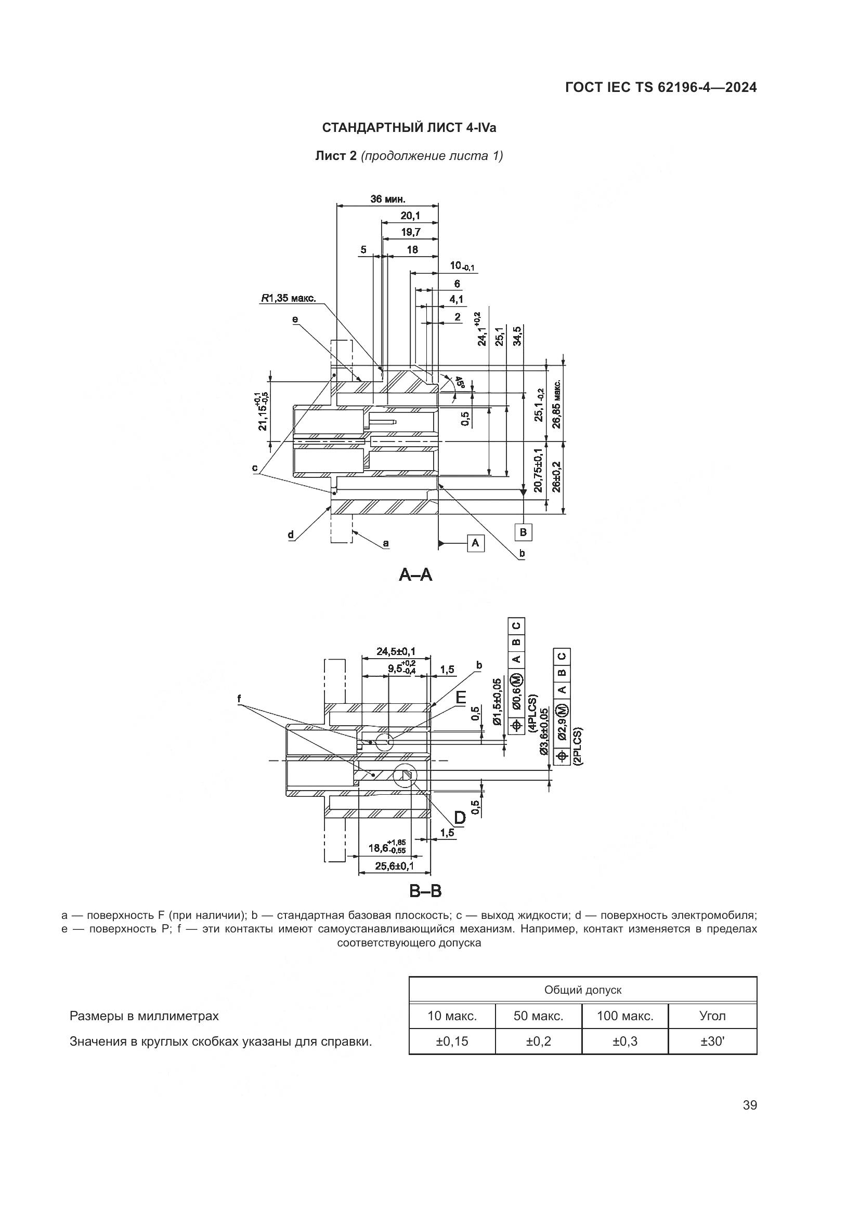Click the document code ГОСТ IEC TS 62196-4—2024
pos(660,88)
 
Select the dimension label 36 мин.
pos(388,199)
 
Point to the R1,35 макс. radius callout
pos(288,299)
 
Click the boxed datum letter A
pos(476,543)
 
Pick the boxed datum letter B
pos(523,532)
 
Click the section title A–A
pos(416,574)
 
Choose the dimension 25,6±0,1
pos(395,866)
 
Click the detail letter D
pos(460,818)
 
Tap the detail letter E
pos(460,698)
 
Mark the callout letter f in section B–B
pos(239,699)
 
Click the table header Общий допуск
pos(582,990)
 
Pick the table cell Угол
pos(712,1016)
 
